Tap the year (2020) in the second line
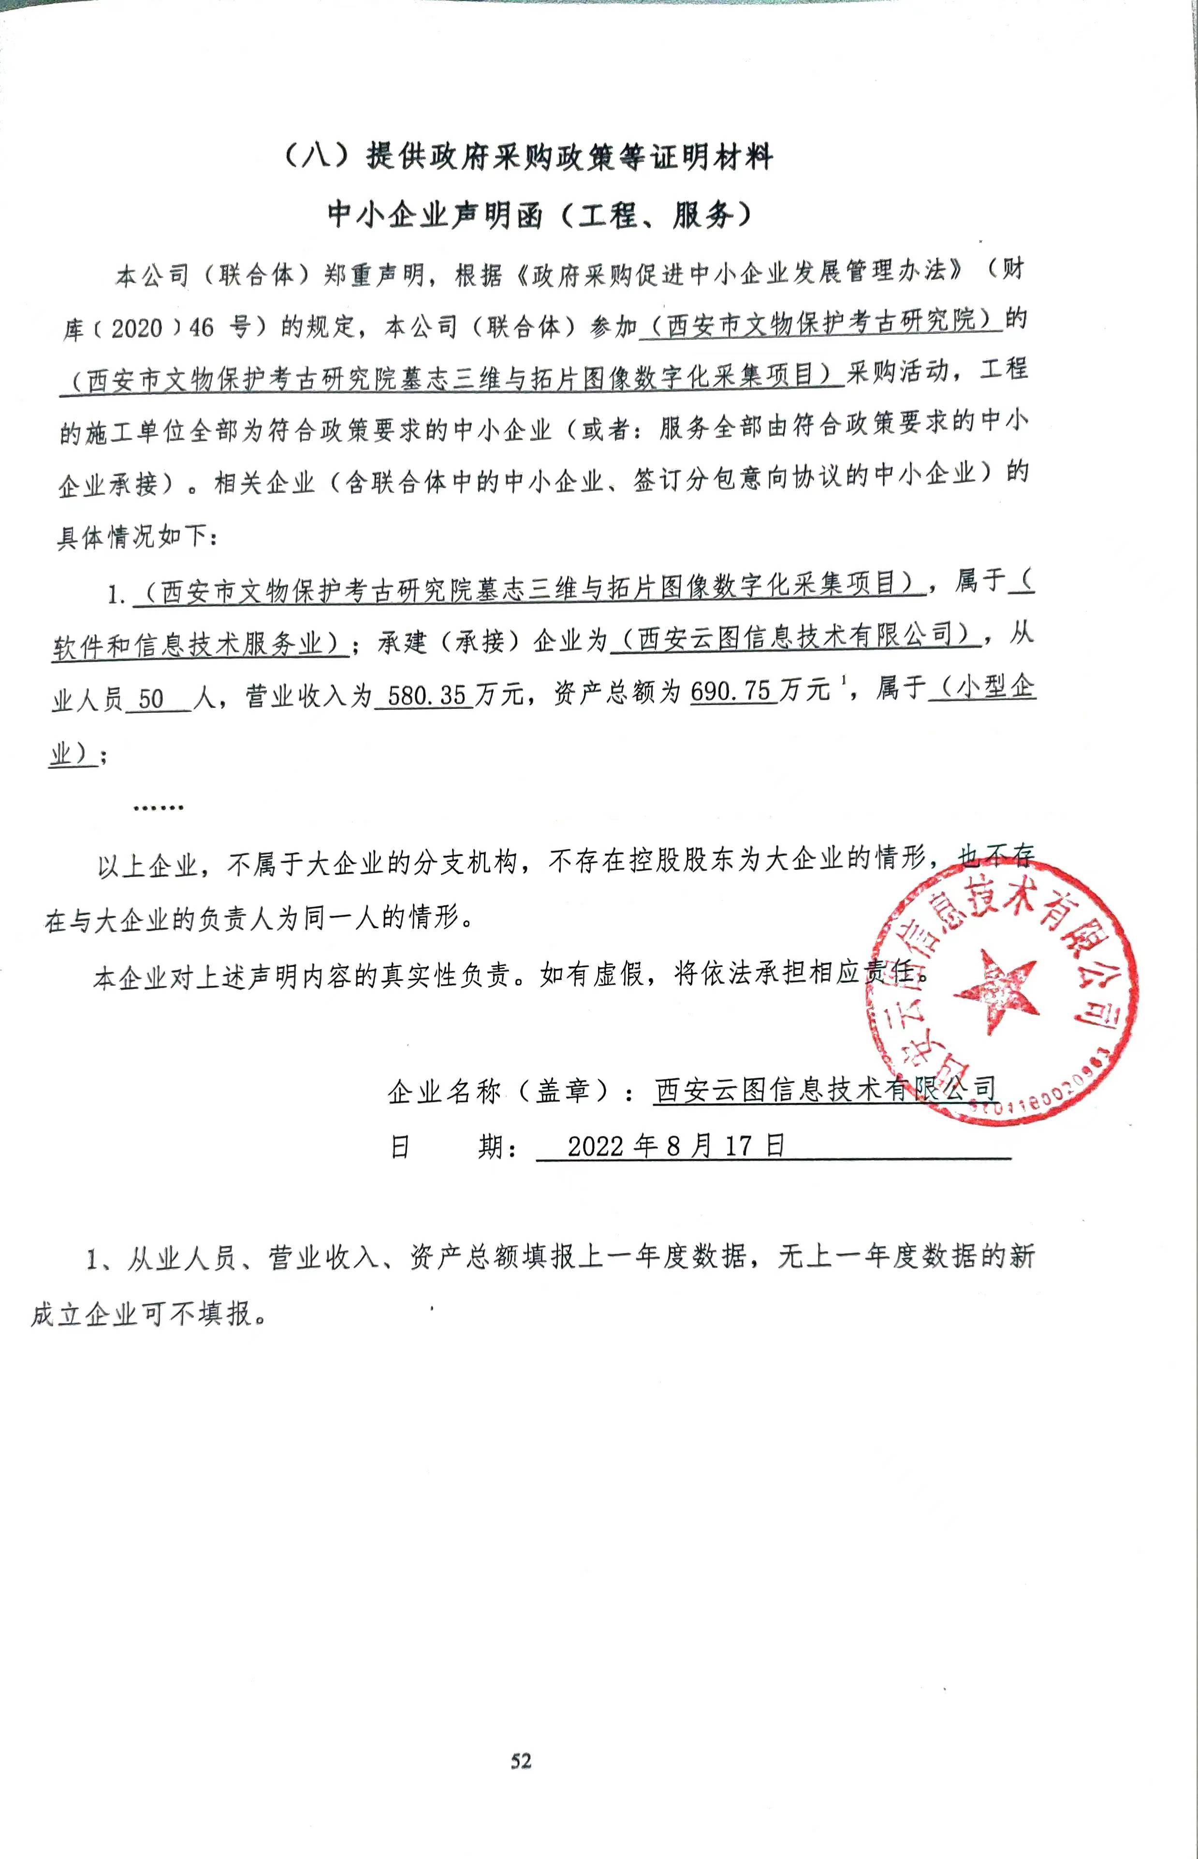coord(137,328)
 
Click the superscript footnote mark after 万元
coord(843,681)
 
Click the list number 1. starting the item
coord(117,595)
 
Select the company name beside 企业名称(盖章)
coord(825,1089)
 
